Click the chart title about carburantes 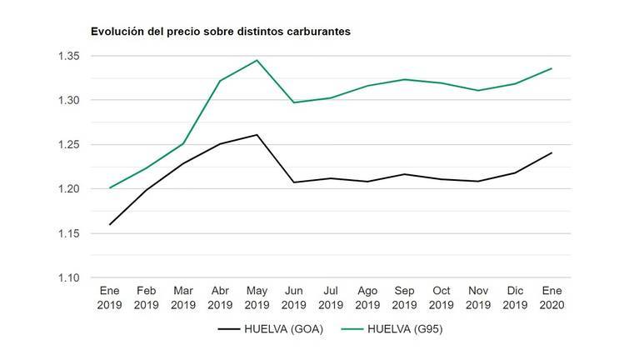(220, 32)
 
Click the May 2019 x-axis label (256, 297)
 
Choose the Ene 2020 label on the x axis (551, 297)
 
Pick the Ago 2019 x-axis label (367, 297)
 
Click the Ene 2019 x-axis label (110, 297)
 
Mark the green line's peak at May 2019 (257, 60)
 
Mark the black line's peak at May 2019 (257, 134)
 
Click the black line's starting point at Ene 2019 (110, 224)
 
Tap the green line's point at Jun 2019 (293, 102)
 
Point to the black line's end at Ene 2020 (552, 152)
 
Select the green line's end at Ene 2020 (552, 68)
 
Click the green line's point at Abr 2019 (220, 81)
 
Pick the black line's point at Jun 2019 (293, 182)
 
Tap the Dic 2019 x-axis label (514, 297)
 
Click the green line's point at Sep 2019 (403, 79)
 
